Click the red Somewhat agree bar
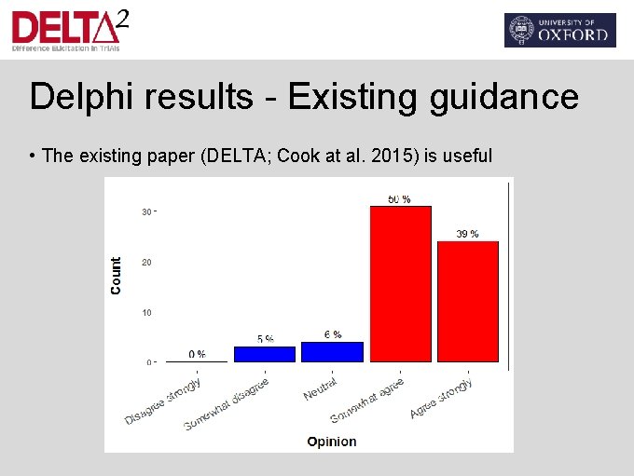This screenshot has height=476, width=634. (x=400, y=283)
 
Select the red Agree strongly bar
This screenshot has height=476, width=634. (x=467, y=301)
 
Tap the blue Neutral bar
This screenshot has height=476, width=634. (x=332, y=351)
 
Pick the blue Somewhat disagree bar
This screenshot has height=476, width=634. (x=265, y=354)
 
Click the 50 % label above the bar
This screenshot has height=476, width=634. (x=399, y=199)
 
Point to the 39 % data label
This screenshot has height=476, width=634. (x=467, y=234)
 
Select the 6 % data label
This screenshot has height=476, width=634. (x=332, y=334)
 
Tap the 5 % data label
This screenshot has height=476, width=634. (x=265, y=339)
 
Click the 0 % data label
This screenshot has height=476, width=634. (x=197, y=354)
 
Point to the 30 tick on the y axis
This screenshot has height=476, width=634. (x=146, y=211)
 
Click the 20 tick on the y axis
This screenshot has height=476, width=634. (x=146, y=262)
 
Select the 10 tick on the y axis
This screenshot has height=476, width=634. (x=146, y=312)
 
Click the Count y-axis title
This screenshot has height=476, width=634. (x=117, y=277)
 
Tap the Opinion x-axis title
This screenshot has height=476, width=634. (x=332, y=442)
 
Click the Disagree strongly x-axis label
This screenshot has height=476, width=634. (x=164, y=401)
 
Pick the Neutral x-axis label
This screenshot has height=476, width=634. (x=320, y=388)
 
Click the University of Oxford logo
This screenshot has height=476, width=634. (x=559, y=30)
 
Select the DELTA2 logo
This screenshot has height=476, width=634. (x=69, y=30)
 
